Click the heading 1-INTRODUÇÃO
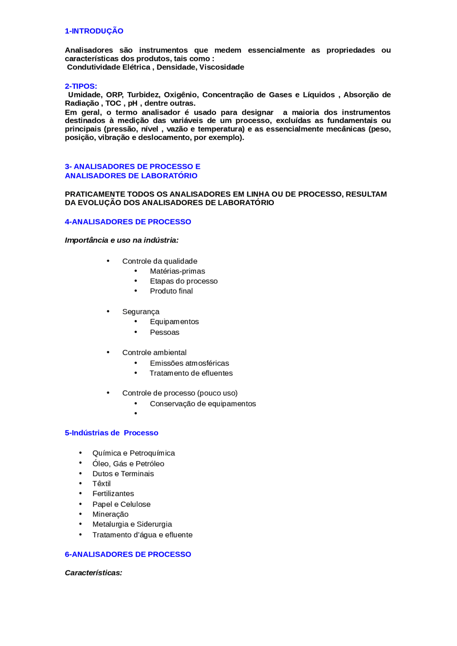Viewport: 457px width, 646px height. [x=94, y=31]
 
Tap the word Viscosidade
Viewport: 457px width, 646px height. [x=221, y=67]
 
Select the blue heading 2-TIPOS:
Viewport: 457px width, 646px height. [x=81, y=86]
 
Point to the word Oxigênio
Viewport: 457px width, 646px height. [x=180, y=95]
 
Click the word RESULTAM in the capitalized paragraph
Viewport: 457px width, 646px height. [x=366, y=194]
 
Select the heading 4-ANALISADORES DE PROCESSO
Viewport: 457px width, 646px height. [x=128, y=222]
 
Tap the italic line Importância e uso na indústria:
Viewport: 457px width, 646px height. [x=121, y=240]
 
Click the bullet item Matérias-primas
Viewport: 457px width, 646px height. [x=177, y=271]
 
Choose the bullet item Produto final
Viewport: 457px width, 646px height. [x=171, y=291]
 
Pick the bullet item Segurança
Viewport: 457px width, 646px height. [x=141, y=312]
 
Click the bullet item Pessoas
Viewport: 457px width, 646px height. [x=164, y=332]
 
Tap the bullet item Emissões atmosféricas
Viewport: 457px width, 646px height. [x=189, y=363]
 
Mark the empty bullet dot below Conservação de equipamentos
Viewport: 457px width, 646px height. [x=136, y=413]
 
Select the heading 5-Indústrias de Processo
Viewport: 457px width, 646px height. [x=111, y=433]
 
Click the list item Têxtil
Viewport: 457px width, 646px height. [x=101, y=484]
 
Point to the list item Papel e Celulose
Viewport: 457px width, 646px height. [x=121, y=504]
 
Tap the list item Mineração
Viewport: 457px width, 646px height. [x=110, y=514]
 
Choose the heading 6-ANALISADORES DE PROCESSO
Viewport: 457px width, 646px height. [x=128, y=554]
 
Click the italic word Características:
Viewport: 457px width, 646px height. [x=94, y=573]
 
